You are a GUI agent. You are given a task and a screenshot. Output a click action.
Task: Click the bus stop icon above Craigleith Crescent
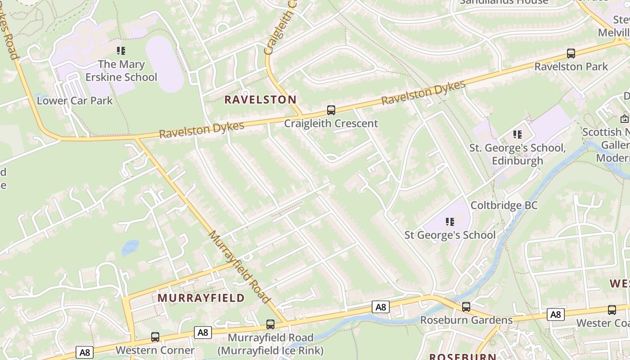[x=331, y=110]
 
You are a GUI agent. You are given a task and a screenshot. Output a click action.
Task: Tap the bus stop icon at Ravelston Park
[x=571, y=54]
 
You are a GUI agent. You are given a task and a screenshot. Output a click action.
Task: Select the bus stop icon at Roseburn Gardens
[x=466, y=307]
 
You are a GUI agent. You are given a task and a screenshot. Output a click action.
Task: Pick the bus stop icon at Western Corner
[x=155, y=337]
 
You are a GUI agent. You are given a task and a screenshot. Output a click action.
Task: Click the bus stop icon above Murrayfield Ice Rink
[x=270, y=324]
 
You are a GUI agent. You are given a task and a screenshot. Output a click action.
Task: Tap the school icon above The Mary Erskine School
[x=121, y=51]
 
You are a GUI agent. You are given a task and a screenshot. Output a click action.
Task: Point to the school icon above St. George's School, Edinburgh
[x=517, y=134]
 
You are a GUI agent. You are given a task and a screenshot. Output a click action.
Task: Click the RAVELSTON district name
[x=261, y=100]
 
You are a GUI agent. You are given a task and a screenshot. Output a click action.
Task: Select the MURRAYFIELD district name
[x=201, y=298]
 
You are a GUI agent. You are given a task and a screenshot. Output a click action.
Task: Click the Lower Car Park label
[x=75, y=100]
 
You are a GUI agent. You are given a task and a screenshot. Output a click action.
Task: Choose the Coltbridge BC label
[x=504, y=206]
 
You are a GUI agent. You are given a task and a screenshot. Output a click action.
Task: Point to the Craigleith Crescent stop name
[x=331, y=123]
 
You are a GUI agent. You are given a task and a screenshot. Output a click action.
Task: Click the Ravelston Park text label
[x=571, y=67]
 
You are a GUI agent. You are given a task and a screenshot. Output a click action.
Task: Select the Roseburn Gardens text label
[x=466, y=320]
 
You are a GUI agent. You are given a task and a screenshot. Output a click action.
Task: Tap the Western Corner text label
[x=155, y=350]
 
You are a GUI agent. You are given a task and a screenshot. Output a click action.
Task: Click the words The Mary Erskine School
[x=121, y=71]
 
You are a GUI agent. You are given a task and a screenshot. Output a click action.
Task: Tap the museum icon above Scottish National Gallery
[x=624, y=119]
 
